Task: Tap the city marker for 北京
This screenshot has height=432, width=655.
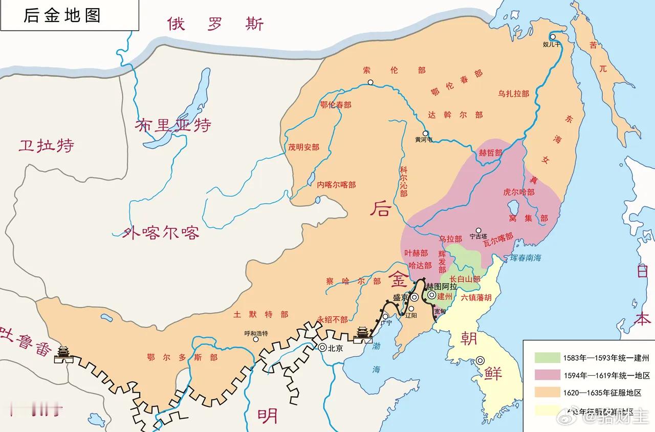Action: (323, 347)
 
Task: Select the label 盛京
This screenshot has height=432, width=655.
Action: (401, 297)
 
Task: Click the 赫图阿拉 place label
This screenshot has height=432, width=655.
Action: (442, 287)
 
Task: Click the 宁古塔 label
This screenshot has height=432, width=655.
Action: (478, 237)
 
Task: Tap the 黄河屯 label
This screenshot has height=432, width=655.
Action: (424, 139)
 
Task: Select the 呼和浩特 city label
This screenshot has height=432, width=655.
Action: (256, 333)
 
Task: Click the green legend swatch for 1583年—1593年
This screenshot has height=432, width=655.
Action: (547, 357)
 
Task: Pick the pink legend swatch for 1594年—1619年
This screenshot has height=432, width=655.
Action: (547, 375)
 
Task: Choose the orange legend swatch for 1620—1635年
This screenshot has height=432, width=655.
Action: (547, 393)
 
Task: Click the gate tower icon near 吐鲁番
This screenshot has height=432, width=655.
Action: (64, 354)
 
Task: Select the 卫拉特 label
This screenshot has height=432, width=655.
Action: (46, 145)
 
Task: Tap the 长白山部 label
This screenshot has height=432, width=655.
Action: (465, 279)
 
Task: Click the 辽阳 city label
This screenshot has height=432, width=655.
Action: (411, 316)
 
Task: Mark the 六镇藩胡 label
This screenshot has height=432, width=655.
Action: (476, 297)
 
